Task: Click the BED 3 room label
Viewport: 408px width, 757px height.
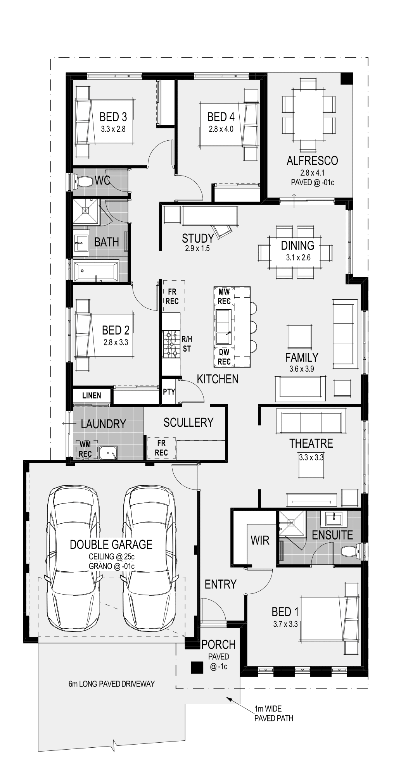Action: [113, 116]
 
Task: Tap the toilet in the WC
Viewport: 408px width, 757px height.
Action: [83, 181]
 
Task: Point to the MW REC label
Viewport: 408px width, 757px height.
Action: [224, 297]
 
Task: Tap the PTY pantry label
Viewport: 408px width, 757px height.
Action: [169, 391]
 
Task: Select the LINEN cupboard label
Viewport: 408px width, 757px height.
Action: [92, 396]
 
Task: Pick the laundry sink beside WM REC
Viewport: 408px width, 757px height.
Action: [108, 453]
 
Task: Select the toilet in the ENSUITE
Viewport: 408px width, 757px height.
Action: [351, 550]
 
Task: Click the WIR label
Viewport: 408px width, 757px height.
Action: [260, 540]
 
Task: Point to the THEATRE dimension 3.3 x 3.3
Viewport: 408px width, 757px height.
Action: [311, 457]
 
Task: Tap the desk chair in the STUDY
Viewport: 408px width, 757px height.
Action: [222, 231]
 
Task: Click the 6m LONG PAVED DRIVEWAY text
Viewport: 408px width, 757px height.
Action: [112, 684]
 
